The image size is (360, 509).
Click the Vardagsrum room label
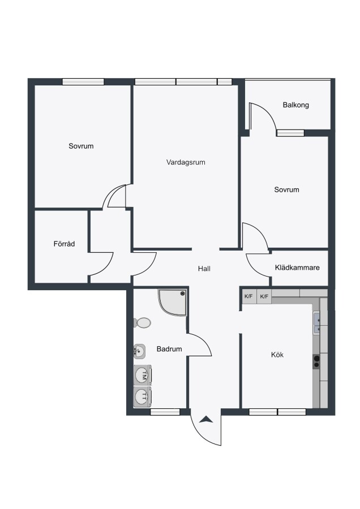(186, 162)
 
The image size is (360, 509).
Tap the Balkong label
(295, 105)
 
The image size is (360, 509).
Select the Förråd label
(64, 243)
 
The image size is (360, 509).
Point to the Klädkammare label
(297, 268)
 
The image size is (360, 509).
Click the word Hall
(204, 269)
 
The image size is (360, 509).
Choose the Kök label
(277, 355)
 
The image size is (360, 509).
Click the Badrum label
(169, 349)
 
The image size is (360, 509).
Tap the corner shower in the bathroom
(173, 303)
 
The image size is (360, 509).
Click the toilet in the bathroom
(142, 323)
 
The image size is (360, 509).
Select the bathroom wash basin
(139, 351)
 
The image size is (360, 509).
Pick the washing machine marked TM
(143, 376)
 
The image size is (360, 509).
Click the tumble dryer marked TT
(143, 396)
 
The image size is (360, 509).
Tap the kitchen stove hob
(316, 361)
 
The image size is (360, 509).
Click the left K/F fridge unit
(248, 296)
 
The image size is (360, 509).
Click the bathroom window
(165, 412)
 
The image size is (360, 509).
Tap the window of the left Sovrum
(83, 81)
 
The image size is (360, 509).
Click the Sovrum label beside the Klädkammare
(286, 189)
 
